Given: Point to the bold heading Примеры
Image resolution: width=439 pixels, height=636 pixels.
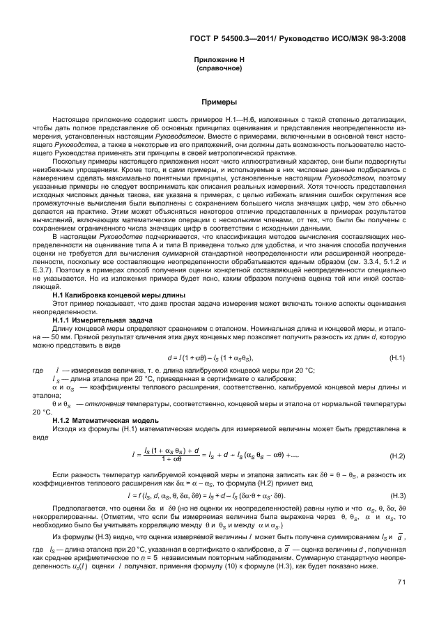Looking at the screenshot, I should click(219, 102).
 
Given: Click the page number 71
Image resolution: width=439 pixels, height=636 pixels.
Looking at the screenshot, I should click(401, 602).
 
